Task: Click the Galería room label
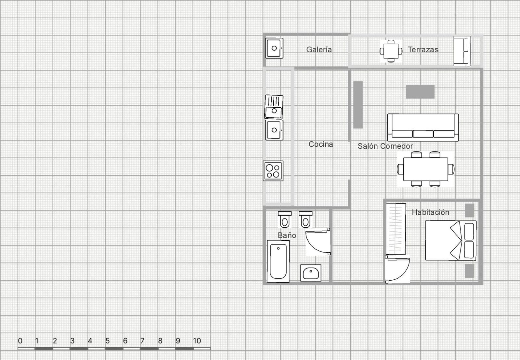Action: coord(319,49)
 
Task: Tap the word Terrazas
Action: coord(423,49)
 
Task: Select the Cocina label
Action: coord(320,144)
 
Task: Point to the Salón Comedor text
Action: coord(385,146)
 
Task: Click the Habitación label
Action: coord(430,212)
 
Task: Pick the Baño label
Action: coord(287,235)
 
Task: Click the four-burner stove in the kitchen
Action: coord(273,171)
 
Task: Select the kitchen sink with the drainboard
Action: coord(274,107)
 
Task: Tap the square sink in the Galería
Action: coord(274,48)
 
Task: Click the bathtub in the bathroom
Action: coord(278,261)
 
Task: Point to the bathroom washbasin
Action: coord(311,273)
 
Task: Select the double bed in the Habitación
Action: coord(451,240)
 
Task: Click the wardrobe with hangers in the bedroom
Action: coord(396,229)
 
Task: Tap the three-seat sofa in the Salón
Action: coord(423,127)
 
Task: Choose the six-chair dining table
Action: coord(426,169)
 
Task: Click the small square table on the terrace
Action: coord(391,51)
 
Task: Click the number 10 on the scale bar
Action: coord(197,341)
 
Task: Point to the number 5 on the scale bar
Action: coord(108,341)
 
